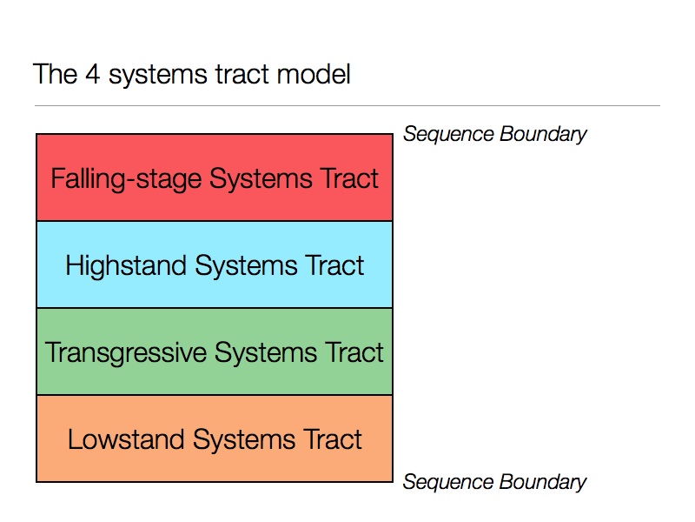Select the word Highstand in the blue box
pos(127,265)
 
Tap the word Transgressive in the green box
pos(126,352)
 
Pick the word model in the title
pos(314,74)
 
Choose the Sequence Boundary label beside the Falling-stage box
pos(494,134)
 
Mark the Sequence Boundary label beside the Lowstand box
pos(494,482)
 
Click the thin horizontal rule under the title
pos(347,106)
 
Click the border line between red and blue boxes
pos(214,221)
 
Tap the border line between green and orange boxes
pos(214,395)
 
